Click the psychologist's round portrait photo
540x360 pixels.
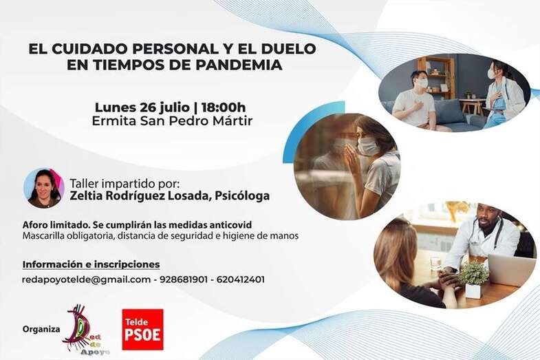(43, 188)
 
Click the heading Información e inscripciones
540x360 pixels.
(91, 264)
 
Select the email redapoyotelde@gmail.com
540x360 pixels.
(86, 279)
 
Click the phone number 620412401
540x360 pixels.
(240, 279)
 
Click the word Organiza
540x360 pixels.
(41, 329)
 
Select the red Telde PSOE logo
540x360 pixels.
(142, 329)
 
